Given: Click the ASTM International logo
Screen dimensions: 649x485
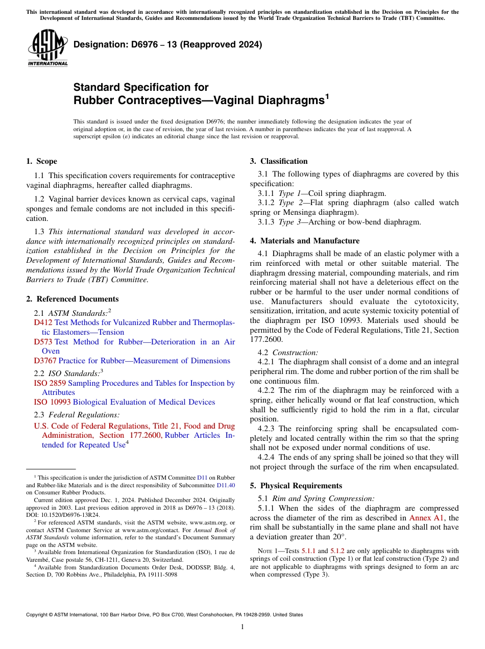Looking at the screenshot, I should tap(47, 48).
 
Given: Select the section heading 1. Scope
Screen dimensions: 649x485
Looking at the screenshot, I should tap(41, 161).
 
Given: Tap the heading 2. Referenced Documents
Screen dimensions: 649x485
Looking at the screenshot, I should tap(72, 299).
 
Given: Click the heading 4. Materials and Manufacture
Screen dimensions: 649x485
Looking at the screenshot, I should tap(305, 241).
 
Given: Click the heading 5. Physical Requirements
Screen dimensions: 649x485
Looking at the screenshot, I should tap(296, 486).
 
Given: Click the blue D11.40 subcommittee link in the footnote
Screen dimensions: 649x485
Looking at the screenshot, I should tap(226, 485).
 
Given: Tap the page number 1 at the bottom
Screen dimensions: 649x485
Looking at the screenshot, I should tap(243, 627).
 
